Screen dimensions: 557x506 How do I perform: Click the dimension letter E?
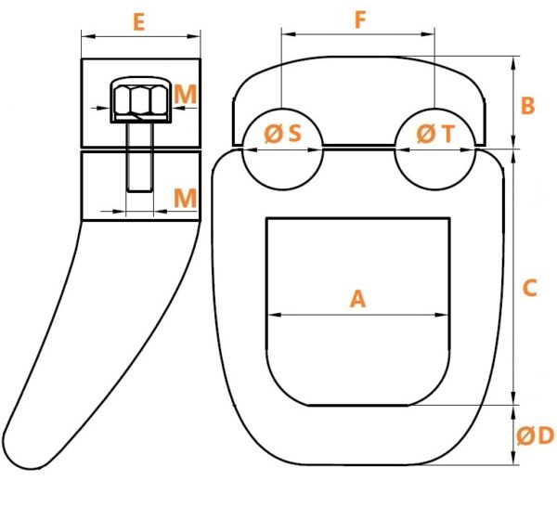(139, 22)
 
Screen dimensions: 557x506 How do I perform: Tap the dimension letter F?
(360, 19)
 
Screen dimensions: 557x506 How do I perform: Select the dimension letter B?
(527, 106)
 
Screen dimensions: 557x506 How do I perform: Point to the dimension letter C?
(530, 288)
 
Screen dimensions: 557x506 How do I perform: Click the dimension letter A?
(357, 299)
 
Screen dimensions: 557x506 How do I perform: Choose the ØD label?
(536, 435)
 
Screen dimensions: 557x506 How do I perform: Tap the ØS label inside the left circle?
(283, 134)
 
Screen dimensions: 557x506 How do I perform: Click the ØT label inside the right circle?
(435, 134)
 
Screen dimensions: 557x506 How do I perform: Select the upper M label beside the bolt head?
(186, 95)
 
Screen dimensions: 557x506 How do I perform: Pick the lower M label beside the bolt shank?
(185, 198)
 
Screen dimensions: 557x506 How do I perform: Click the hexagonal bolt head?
(141, 100)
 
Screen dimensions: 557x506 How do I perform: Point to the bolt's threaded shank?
(140, 157)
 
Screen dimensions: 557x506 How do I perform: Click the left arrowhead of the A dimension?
(274, 315)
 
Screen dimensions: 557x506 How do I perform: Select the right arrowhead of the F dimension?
(428, 34)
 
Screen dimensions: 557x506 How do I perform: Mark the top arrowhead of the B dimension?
(513, 63)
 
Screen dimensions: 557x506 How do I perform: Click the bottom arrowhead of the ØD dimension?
(513, 458)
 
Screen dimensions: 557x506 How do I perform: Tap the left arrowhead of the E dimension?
(88, 36)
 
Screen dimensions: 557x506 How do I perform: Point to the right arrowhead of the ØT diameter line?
(468, 150)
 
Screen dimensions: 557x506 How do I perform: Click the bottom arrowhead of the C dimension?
(513, 397)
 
